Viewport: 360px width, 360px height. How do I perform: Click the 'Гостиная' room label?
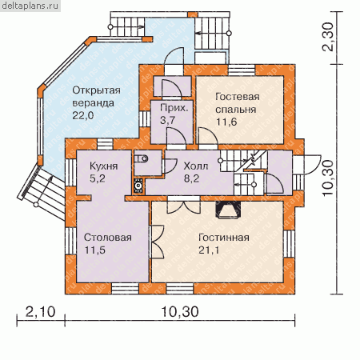(224, 238)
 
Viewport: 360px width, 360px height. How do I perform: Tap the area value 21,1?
(209, 250)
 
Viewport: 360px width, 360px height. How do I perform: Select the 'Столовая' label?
(108, 238)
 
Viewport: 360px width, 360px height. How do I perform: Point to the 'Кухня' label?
(103, 166)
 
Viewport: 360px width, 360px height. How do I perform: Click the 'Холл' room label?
(196, 166)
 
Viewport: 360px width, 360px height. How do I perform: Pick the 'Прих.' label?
(174, 108)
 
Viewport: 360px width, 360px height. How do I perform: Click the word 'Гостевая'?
(238, 97)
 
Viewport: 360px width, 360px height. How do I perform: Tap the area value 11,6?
(226, 122)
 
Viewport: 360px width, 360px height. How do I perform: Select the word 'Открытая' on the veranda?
(96, 90)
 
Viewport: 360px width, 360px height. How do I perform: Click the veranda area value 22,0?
(83, 115)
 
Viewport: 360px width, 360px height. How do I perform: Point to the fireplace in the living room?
(228, 210)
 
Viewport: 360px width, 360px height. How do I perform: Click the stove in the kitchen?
(138, 186)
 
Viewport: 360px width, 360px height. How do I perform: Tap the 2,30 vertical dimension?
(327, 37)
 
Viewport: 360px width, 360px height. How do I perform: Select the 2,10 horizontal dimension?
(41, 311)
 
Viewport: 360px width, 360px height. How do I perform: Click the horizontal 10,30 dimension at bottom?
(180, 311)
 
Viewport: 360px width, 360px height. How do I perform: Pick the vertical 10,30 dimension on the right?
(327, 178)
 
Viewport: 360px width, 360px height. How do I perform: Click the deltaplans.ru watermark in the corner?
(30, 6)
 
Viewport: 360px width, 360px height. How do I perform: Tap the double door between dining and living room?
(158, 242)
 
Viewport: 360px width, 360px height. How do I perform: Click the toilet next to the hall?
(142, 159)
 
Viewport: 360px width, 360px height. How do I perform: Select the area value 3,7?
(168, 120)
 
